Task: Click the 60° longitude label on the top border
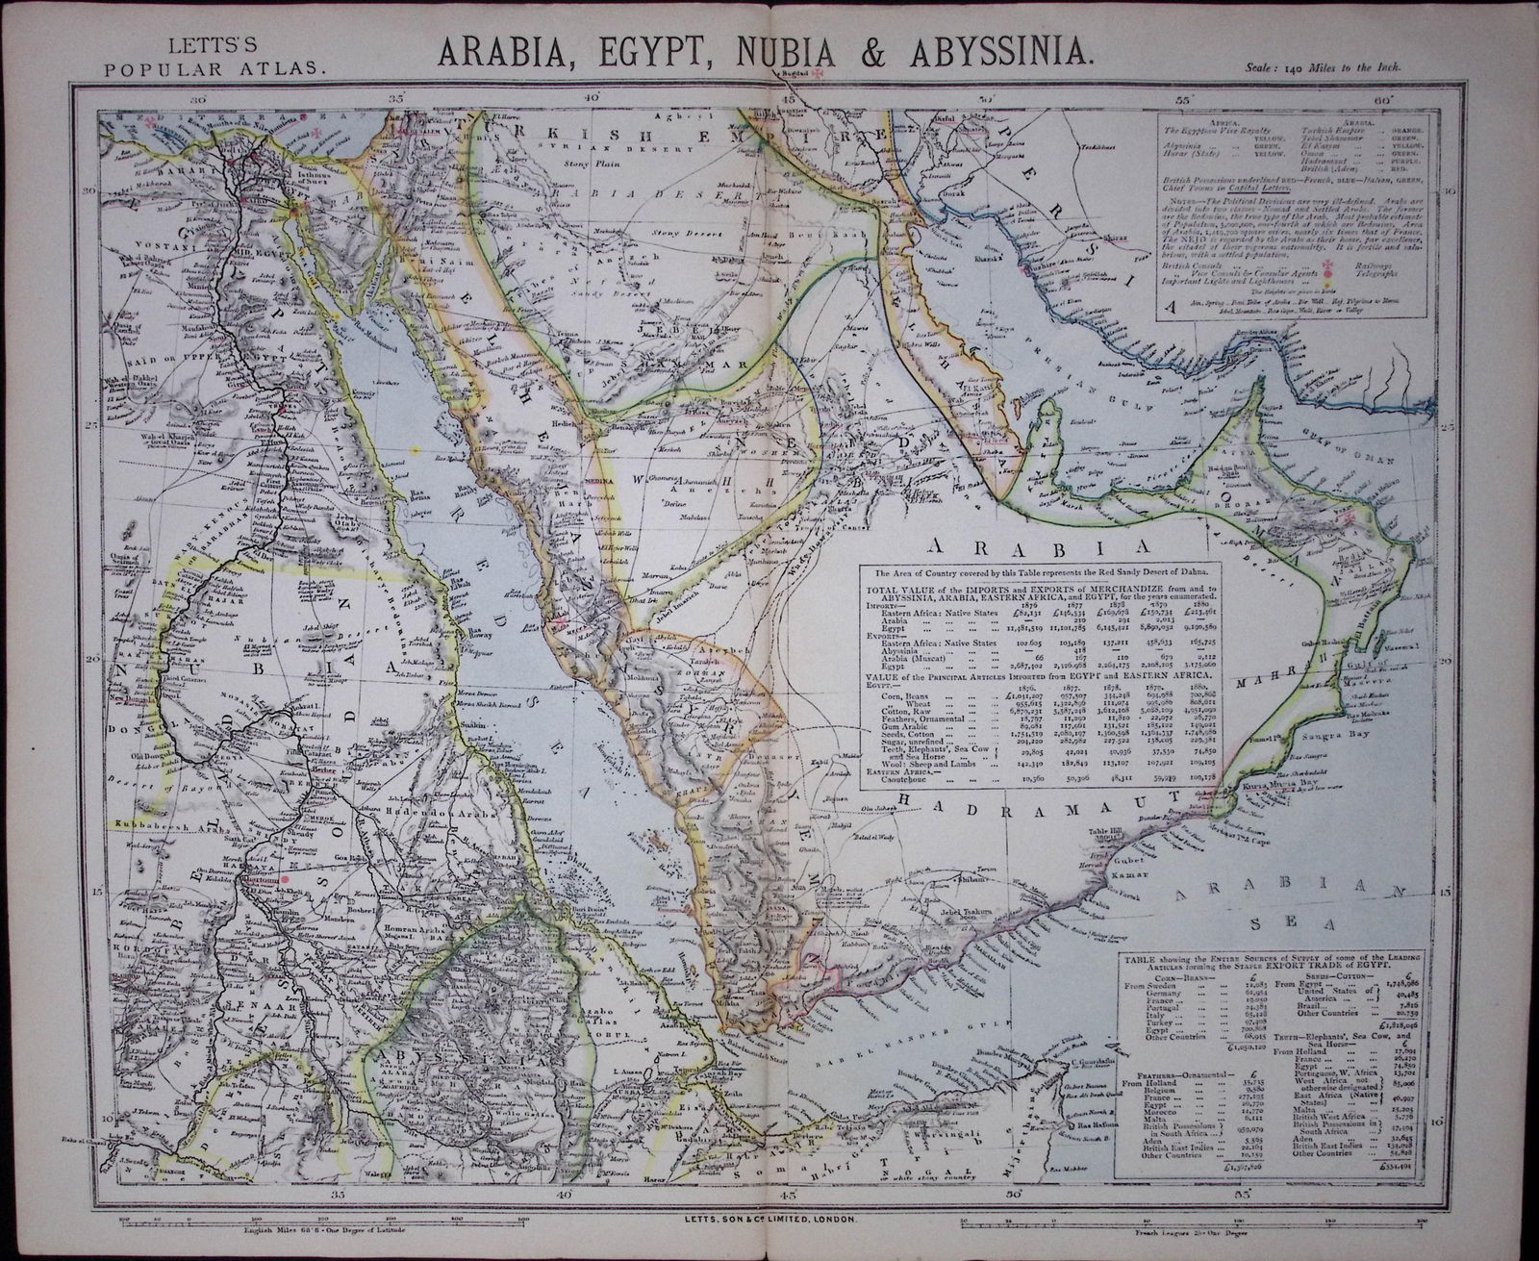1382,97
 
